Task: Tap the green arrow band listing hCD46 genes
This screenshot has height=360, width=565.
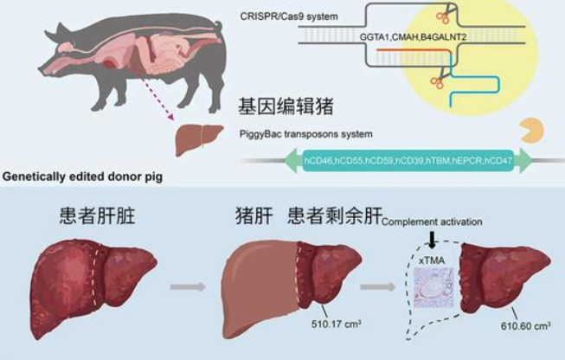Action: [x=408, y=162]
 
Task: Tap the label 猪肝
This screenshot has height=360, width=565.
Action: [x=253, y=215]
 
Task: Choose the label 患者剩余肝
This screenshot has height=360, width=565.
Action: [x=332, y=215]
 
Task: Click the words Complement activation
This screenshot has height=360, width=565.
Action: [x=432, y=222]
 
